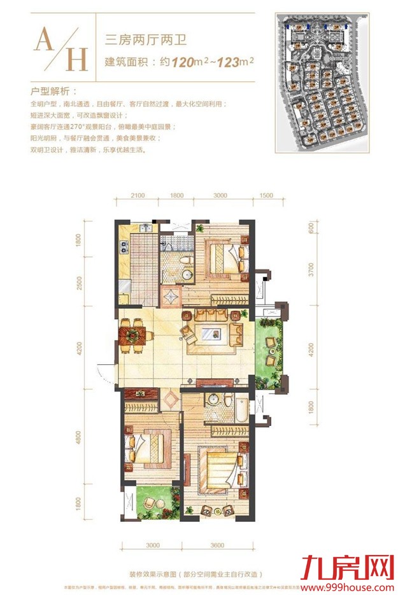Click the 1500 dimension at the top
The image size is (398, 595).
tap(266, 195)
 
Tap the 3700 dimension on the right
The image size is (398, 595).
tap(311, 273)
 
